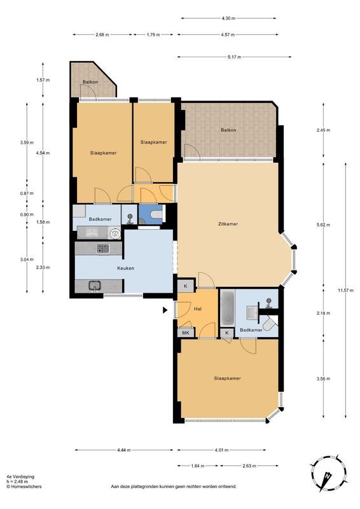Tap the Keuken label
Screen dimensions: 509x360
[x=125, y=268]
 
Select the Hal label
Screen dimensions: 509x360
[x=197, y=309]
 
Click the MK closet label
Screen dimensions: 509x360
[x=186, y=333]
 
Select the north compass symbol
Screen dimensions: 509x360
[x=328, y=475]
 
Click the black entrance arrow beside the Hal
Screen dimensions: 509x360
[x=165, y=310]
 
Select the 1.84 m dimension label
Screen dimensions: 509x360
[x=198, y=466]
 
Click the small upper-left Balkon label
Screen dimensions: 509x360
[x=89, y=83]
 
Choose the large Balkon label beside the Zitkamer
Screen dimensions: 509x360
[x=228, y=130]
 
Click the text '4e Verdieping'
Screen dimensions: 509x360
[x=20, y=476]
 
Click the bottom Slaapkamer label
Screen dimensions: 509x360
[x=227, y=379]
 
